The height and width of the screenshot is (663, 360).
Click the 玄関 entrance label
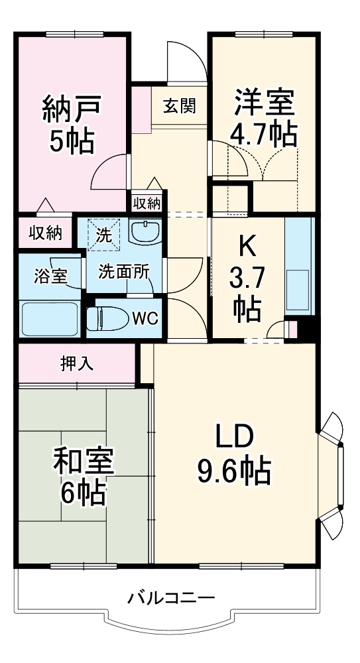tap(179, 105)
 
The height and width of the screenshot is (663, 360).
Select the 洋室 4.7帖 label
tap(263, 119)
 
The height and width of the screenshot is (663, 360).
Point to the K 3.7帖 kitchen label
tap(246, 278)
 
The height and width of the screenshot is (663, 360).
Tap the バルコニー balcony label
tap(171, 597)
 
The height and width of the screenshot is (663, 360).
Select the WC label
tap(145, 318)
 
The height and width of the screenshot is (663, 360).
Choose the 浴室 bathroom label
tap(50, 276)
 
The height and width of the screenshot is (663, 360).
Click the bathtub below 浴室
tap(50, 318)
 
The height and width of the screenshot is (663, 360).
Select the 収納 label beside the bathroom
tap(45, 233)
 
